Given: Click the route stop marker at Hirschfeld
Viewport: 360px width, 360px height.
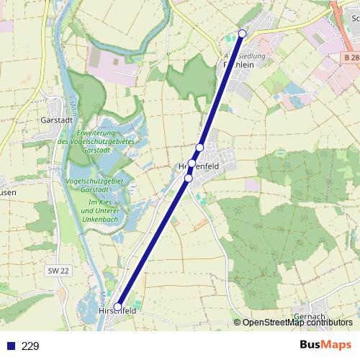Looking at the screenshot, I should coord(117,307).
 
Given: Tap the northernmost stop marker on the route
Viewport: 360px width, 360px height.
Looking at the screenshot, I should coord(243,34).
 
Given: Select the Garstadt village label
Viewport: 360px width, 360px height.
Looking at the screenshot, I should coord(57,120).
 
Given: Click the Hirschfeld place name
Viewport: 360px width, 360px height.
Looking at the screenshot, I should coord(117,311).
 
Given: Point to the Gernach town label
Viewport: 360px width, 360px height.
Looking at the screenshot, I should coord(310,316).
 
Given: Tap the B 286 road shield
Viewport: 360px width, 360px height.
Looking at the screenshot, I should coord(351,57).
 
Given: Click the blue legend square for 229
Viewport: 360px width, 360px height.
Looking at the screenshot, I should coord(11,346).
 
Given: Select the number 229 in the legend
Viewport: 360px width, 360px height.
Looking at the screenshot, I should coord(30,346).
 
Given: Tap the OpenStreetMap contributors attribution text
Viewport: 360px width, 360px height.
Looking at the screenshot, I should coord(297,322).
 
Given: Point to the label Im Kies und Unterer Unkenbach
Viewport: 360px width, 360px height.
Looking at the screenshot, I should coord(100,210).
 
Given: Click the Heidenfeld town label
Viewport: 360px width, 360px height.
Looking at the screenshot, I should coord(199,166).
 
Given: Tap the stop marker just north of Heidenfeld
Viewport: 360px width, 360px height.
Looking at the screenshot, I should coord(200,148).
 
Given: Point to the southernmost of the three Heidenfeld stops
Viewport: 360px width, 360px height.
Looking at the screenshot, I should coord(189,178).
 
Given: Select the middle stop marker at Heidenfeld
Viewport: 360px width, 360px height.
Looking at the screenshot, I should coord(192,163).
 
